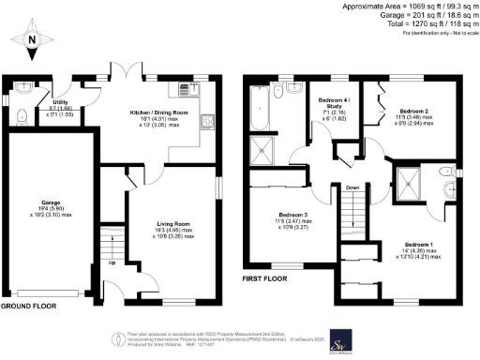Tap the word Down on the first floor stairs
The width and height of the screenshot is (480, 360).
coord(352,187)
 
